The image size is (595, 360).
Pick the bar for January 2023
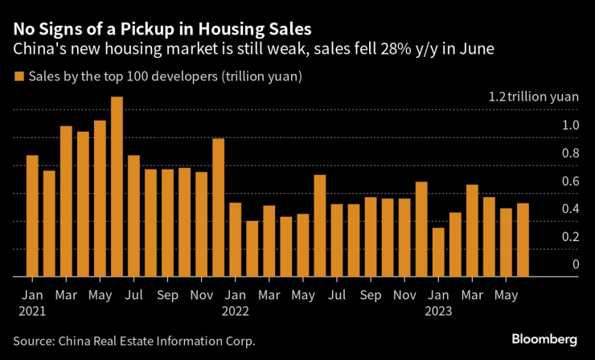(438, 252)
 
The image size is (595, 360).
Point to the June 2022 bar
(319, 226)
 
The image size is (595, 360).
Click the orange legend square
(18, 77)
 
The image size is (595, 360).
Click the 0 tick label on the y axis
(575, 264)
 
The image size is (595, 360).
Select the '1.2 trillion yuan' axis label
(533, 96)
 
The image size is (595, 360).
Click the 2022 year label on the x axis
(236, 310)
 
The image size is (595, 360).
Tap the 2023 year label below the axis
(439, 310)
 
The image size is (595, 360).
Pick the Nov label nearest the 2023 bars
(404, 295)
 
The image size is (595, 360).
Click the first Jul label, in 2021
(133, 295)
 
